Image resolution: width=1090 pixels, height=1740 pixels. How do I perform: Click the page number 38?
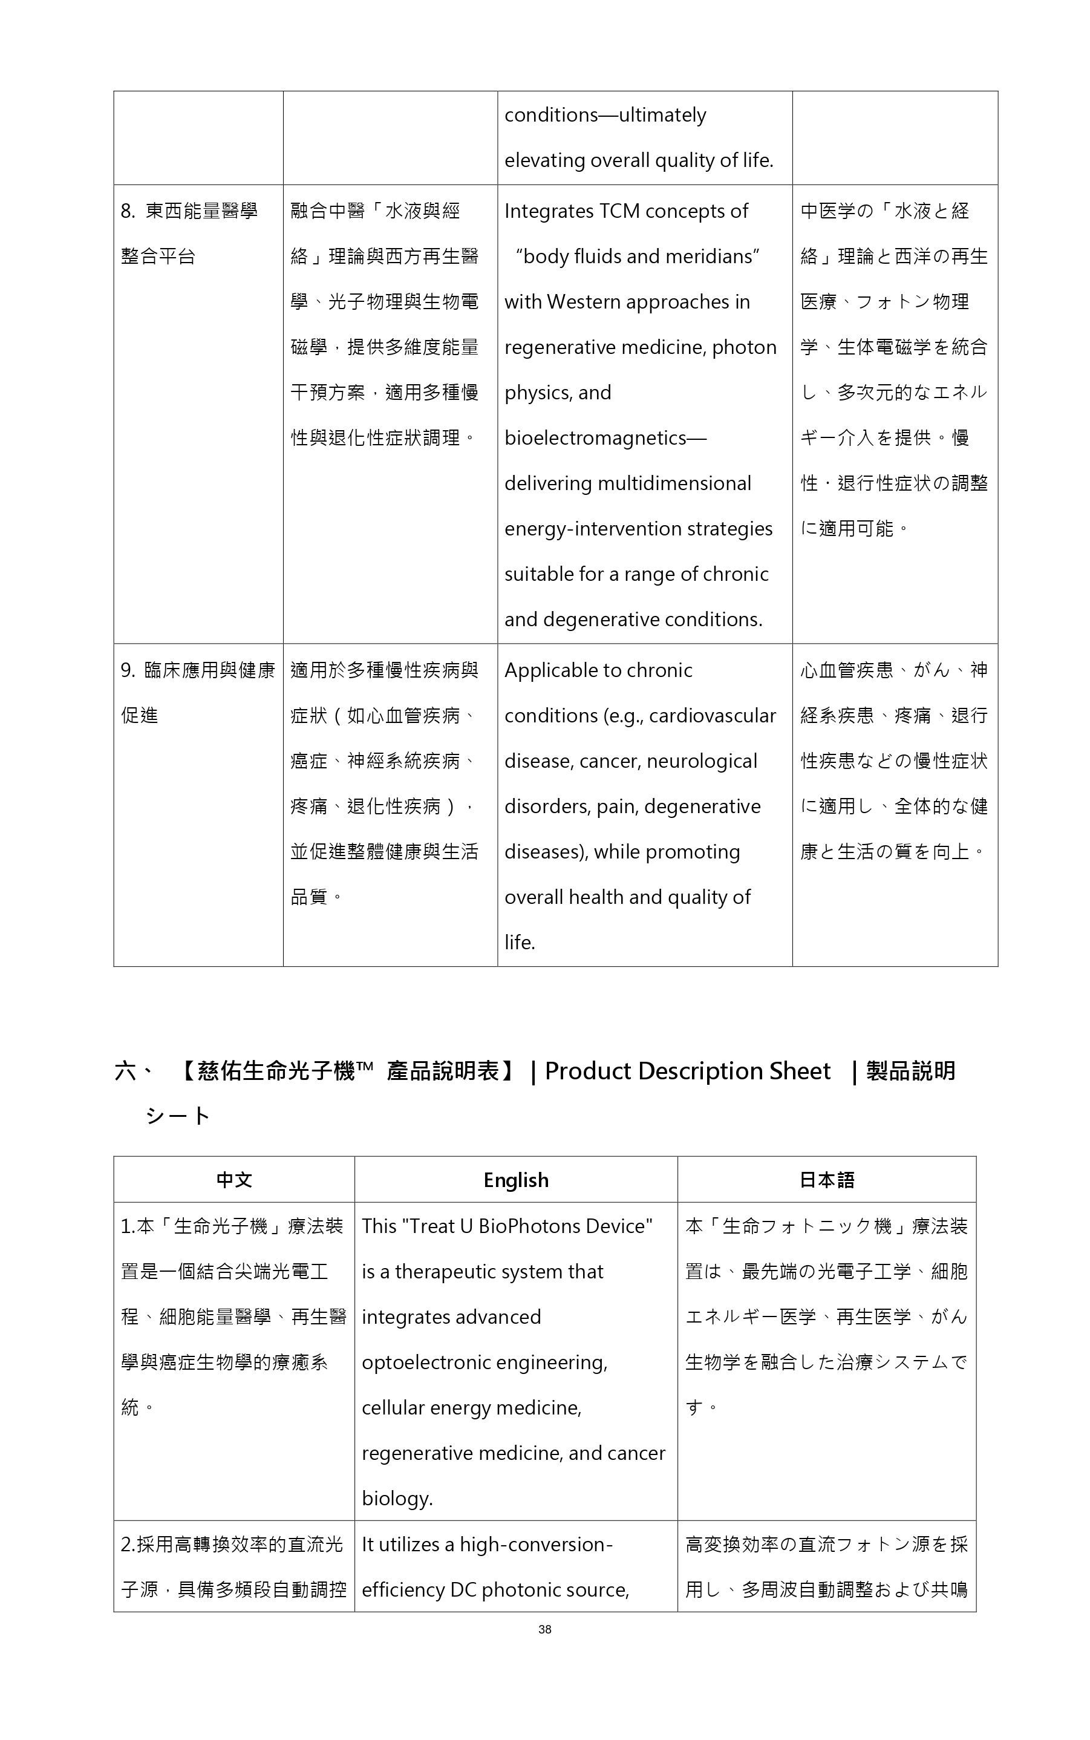[544, 1629]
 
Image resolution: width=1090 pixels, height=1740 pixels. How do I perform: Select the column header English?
[515, 1180]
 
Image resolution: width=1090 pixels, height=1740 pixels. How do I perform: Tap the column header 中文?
[234, 1180]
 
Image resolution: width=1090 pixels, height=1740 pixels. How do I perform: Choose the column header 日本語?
[827, 1180]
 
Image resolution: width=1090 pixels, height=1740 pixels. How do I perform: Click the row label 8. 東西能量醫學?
[189, 211]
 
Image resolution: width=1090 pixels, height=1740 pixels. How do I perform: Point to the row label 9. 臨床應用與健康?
[198, 670]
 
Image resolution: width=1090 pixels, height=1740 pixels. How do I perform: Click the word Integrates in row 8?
[549, 211]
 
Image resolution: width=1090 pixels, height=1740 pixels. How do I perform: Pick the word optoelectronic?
[426, 1362]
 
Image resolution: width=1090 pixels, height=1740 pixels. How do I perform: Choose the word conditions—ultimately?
[605, 116]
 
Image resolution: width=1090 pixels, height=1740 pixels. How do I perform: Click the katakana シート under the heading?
[177, 1116]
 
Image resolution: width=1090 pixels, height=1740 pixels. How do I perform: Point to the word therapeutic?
[478, 1271]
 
